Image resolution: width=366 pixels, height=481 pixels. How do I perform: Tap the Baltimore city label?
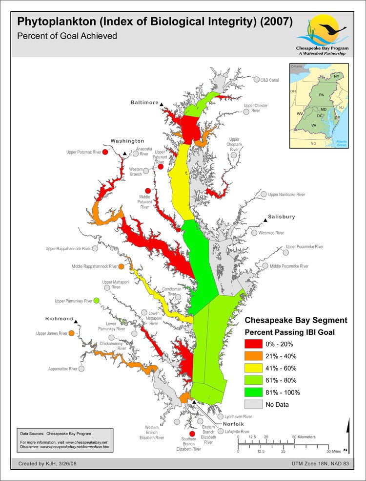pos(144,103)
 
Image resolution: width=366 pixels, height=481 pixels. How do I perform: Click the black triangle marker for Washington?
pos(125,154)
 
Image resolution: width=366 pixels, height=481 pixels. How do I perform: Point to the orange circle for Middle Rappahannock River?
pos(121,266)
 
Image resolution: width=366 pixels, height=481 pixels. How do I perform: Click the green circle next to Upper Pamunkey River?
pos(96,300)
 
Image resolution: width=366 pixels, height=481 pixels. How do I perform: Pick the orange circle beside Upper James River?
pos(72,333)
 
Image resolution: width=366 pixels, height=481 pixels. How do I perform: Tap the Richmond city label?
pos(59,319)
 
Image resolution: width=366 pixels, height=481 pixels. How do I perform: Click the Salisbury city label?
pos(282,217)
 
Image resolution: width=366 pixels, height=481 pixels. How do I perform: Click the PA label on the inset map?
pos(321,94)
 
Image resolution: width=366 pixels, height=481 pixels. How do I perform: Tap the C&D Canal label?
pos(269,80)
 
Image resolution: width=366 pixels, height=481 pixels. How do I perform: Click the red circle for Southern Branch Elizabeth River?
pos(192,434)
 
